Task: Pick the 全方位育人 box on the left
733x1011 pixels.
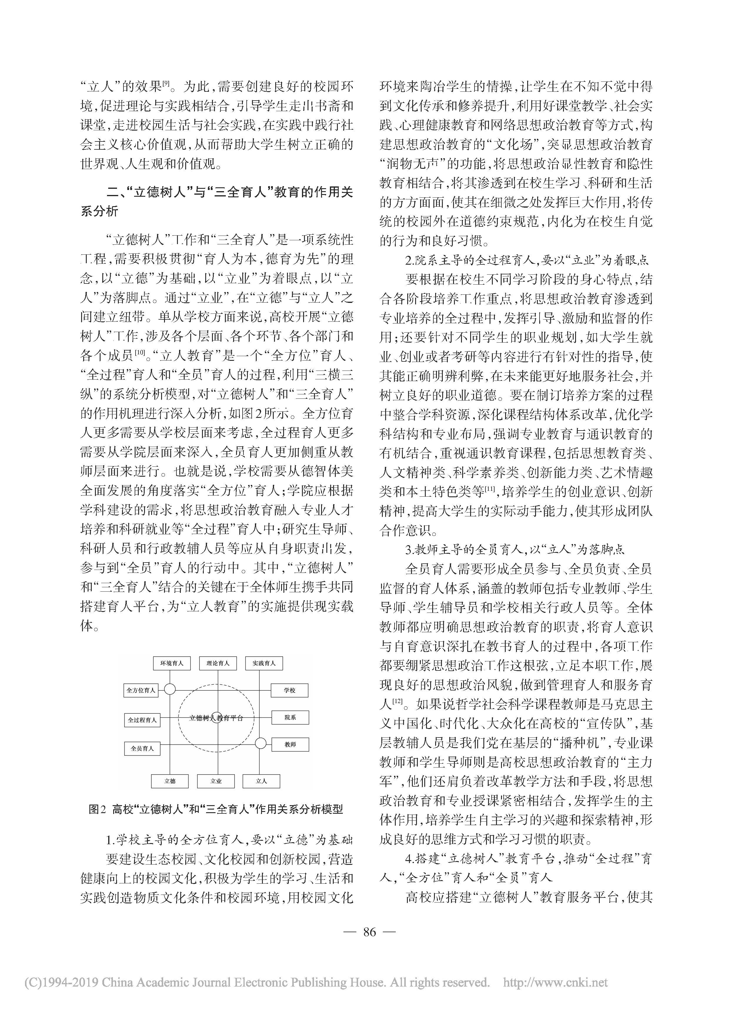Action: click(x=141, y=690)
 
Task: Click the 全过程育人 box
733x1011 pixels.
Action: click(x=142, y=720)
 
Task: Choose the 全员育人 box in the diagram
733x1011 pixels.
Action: click(x=142, y=748)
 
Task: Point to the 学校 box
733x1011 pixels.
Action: click(x=290, y=690)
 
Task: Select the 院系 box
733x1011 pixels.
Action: click(x=290, y=718)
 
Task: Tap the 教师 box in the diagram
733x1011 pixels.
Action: click(x=290, y=745)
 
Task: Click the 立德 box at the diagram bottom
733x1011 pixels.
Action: click(x=170, y=781)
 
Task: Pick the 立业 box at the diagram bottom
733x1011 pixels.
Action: click(x=216, y=781)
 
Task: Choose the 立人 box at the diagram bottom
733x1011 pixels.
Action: click(x=262, y=781)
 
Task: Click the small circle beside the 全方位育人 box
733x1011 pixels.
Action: click(x=170, y=689)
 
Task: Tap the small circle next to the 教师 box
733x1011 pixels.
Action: click(x=261, y=743)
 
